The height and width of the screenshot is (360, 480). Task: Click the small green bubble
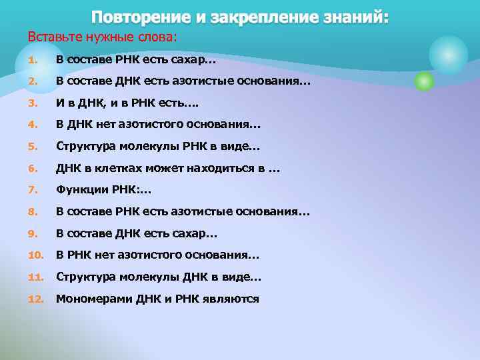(x=424, y=81)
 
